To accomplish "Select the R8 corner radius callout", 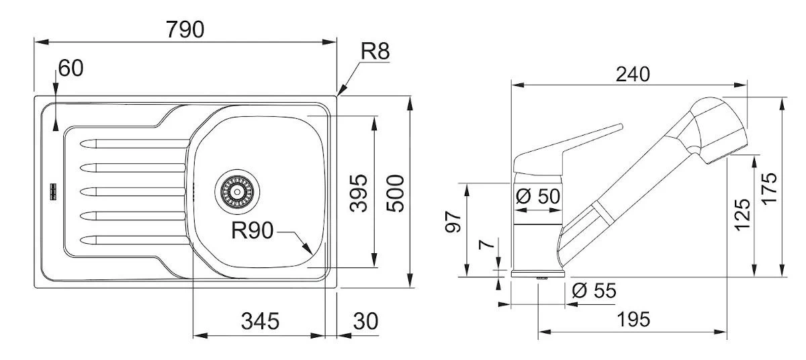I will [x=375, y=52].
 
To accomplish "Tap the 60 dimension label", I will [x=71, y=68].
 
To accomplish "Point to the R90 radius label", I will [x=252, y=232].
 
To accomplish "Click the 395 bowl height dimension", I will [x=359, y=193].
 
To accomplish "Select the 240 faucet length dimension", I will [x=633, y=74].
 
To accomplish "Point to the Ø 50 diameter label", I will [x=539, y=197].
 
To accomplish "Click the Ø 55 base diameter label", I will [x=594, y=291].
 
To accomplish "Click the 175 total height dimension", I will [x=770, y=188].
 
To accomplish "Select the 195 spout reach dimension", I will [x=634, y=319].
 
